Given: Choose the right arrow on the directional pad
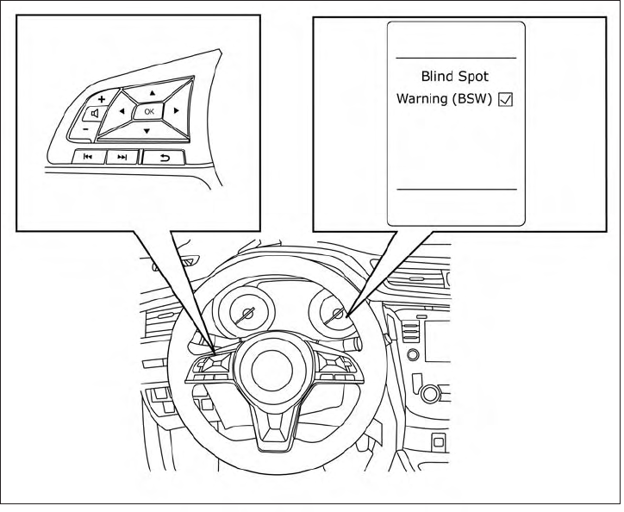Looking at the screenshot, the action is [x=175, y=111].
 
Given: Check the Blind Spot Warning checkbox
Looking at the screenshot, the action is [x=506, y=99].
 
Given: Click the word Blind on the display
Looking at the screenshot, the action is [x=436, y=76].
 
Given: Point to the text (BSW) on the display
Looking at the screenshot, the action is [x=472, y=98].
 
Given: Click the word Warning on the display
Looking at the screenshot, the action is [x=422, y=98].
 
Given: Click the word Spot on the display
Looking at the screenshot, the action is [x=474, y=76].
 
